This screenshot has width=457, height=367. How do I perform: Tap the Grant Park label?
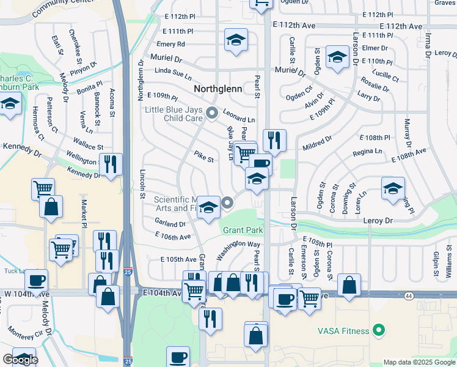coord(243,231)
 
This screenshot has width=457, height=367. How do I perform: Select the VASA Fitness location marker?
coord(379,331)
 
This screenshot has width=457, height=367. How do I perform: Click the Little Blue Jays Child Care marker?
coord(212,112)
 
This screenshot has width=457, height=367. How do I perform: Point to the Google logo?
coord(20,360)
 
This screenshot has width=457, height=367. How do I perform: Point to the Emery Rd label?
coord(170,44)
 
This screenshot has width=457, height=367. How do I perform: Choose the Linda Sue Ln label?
coord(173,72)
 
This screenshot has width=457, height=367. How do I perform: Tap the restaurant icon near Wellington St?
coord(111,164)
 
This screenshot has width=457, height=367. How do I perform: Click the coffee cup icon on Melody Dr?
coord(36,281)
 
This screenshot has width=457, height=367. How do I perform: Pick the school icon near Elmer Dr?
coord(336,57)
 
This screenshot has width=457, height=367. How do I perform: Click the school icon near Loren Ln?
coord(393,188)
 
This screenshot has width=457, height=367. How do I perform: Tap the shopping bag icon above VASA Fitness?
coord(349,285)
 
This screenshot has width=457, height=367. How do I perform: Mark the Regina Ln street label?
coord(368,151)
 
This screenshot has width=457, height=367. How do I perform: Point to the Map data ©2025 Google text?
coord(419,362)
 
